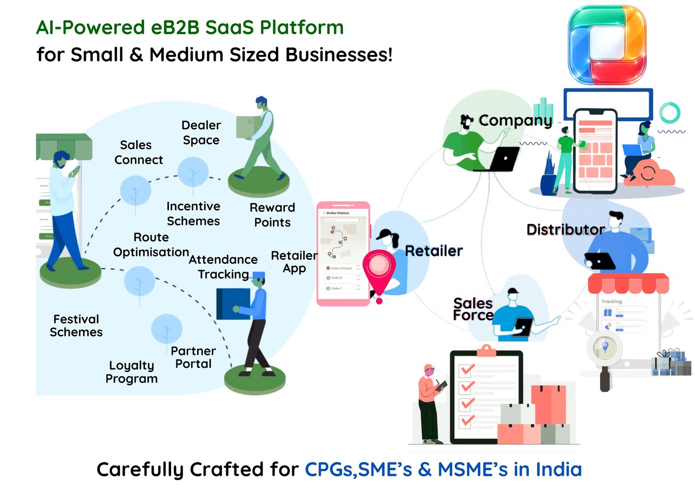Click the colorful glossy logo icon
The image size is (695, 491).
(607, 45)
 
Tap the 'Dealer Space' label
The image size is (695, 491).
(201, 133)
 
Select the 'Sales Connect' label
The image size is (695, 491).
(138, 152)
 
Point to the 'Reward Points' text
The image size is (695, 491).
(272, 215)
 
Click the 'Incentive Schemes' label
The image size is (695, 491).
(193, 214)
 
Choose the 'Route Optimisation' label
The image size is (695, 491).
(151, 245)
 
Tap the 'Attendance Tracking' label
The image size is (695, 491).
(223, 267)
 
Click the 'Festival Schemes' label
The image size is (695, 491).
(76, 326)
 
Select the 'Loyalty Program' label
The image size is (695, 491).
(131, 372)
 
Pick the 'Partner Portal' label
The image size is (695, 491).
(193, 357)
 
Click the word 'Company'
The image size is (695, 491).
(515, 120)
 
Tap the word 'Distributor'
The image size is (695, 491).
(565, 229)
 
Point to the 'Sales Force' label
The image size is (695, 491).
(473, 309)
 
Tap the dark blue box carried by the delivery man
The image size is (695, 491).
(233, 303)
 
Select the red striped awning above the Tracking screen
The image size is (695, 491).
(628, 283)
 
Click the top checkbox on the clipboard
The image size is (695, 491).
(466, 370)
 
